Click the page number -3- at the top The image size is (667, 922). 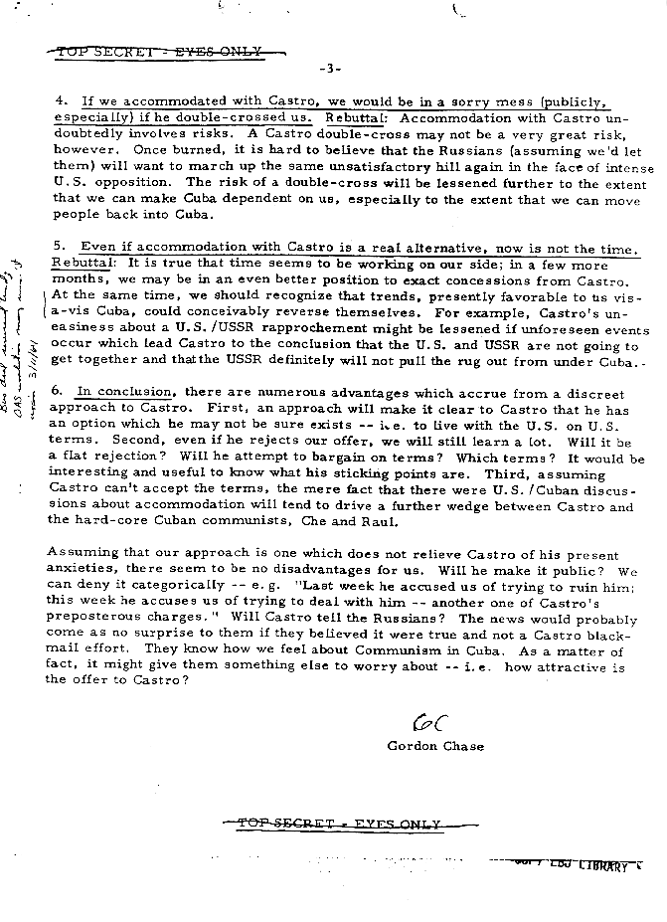point(332,69)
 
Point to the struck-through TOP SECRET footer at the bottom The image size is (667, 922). point(334,825)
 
